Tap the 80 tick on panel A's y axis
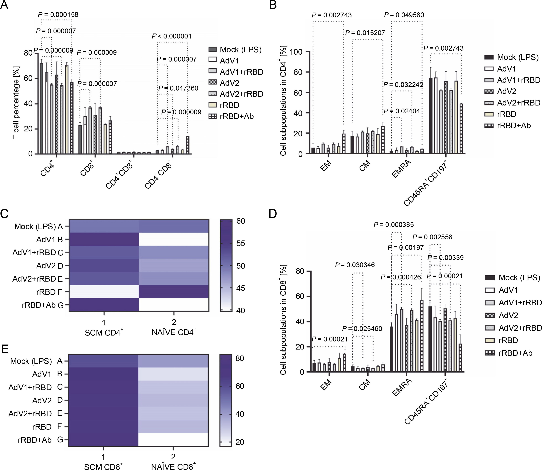[28, 53]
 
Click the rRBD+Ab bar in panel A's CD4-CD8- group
[187, 145]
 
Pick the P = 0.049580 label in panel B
[404, 15]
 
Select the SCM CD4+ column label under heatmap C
[104, 333]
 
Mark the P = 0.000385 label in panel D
[394, 225]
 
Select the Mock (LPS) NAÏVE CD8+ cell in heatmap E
[173, 361]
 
